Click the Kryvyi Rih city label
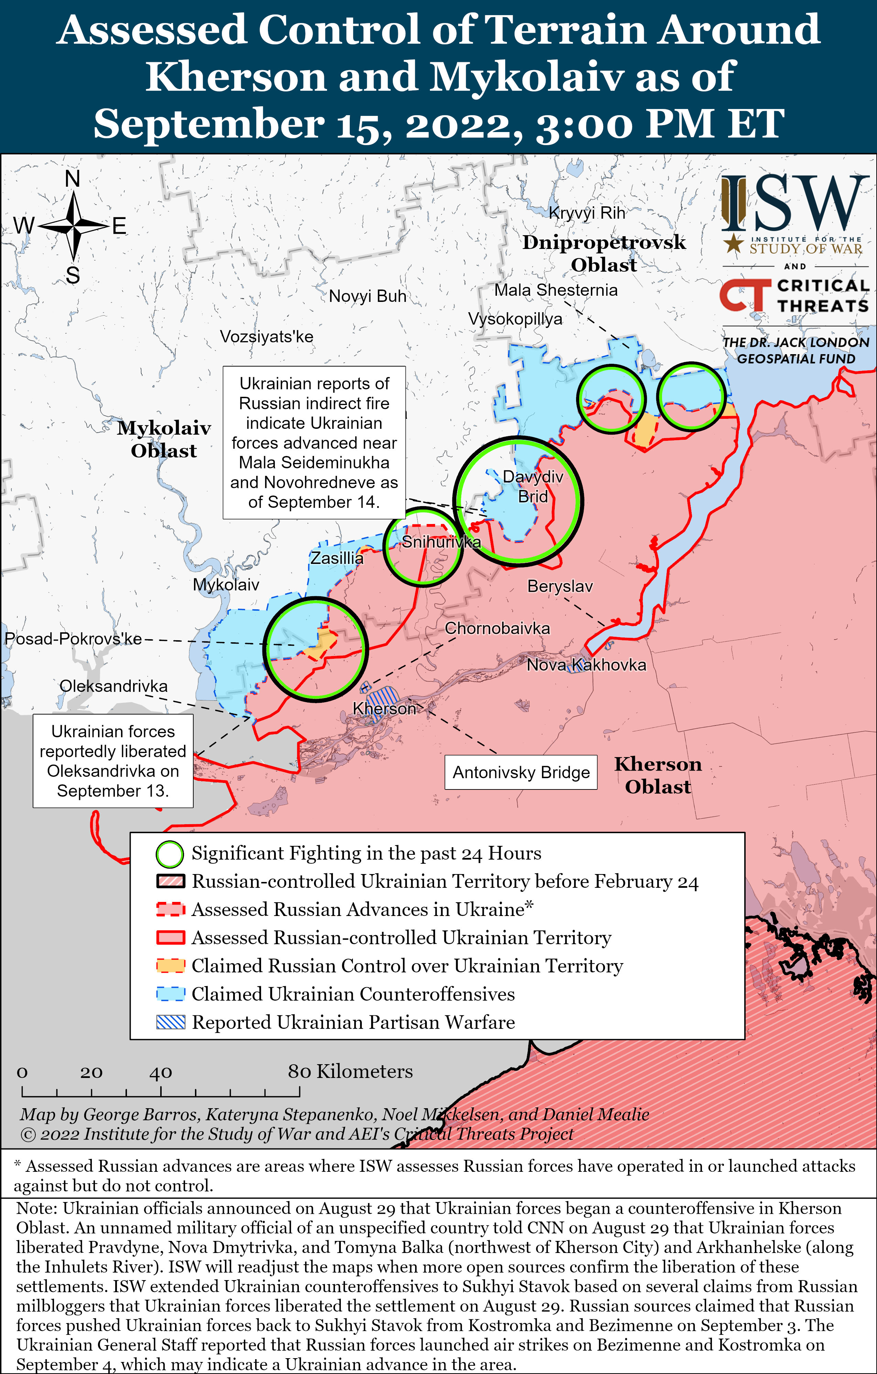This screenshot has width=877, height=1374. [x=587, y=213]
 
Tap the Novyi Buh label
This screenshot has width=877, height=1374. [x=367, y=296]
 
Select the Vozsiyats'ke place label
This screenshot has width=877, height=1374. [x=267, y=337]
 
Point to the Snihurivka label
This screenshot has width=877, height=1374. [x=441, y=542]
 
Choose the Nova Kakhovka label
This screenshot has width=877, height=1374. [x=586, y=665]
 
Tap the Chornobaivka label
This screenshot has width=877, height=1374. [x=497, y=628]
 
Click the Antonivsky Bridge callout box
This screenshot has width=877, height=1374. [x=521, y=772]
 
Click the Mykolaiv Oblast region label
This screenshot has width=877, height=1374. [x=164, y=439]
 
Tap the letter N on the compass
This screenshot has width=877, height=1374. [x=73, y=178]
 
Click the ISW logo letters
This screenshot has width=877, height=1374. [x=793, y=203]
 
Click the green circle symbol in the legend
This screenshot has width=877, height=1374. [x=170, y=854]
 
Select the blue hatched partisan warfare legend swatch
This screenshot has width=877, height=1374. [x=171, y=1022]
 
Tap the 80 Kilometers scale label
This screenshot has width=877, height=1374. [x=350, y=1071]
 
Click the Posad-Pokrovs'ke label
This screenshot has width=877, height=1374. [x=73, y=639]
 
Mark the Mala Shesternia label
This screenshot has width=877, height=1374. [x=556, y=290]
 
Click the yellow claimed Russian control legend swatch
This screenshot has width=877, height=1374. [x=171, y=966]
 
